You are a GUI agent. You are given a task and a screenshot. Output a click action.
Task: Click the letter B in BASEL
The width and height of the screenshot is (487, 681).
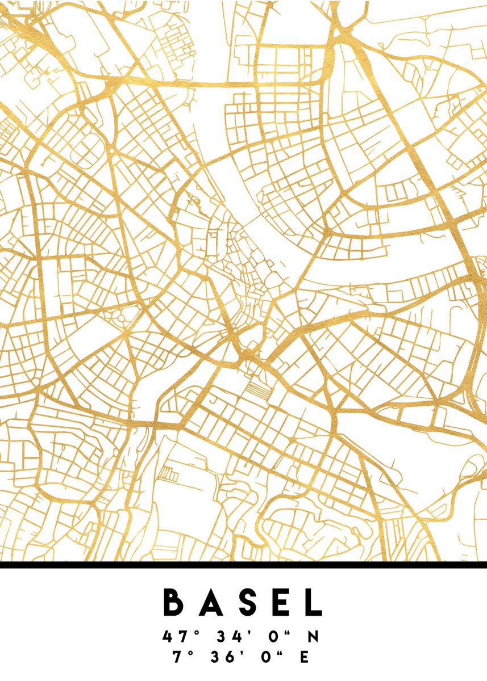pyautogui.click(x=174, y=602)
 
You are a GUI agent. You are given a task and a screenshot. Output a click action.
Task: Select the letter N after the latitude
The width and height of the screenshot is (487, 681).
pyautogui.click(x=313, y=637)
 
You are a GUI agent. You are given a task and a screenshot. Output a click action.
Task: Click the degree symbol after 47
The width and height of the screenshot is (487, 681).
pyautogui.click(x=192, y=632)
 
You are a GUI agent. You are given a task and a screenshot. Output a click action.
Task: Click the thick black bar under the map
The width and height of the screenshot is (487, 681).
pyautogui.click(x=243, y=565)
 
